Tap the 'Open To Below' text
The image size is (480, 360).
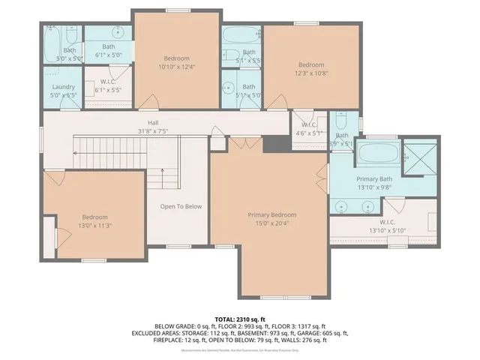pyautogui.click(x=181, y=207)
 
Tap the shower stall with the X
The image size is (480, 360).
pyautogui.click(x=419, y=158)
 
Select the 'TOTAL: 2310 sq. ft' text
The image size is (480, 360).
pyautogui.click(x=239, y=319)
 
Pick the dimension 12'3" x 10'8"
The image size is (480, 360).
pyautogui.click(x=310, y=73)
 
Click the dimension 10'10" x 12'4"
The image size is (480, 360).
pyautogui.click(x=177, y=67)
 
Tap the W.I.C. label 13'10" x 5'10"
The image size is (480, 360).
pyautogui.click(x=387, y=229)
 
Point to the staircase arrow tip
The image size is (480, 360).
pyautogui.click(x=75, y=153)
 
